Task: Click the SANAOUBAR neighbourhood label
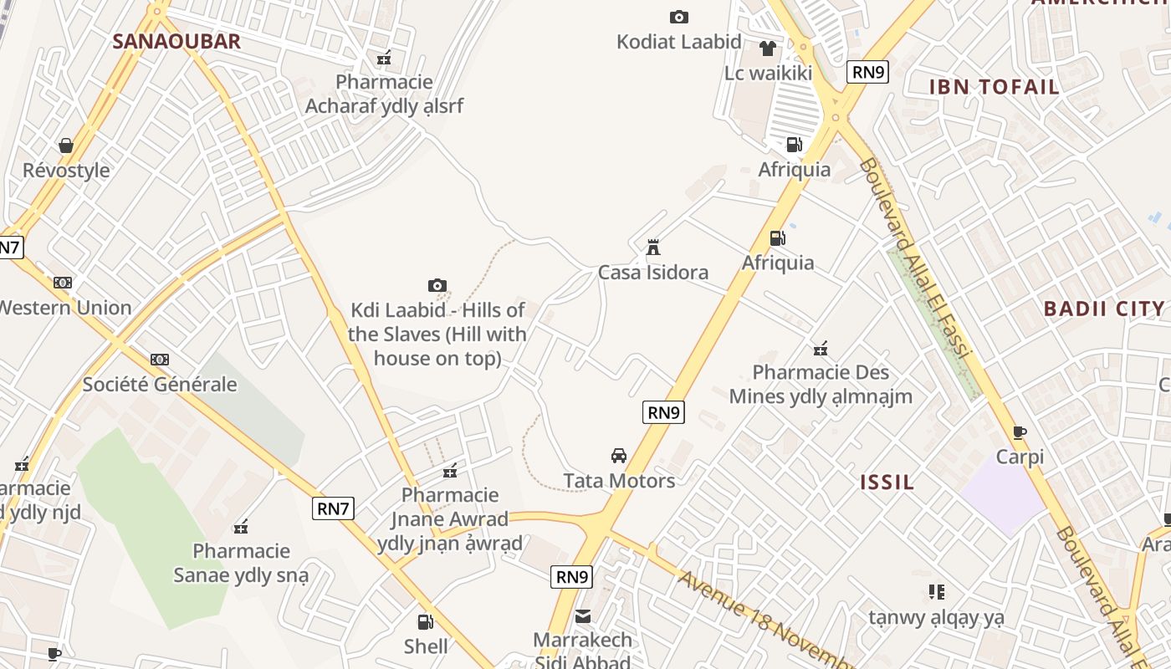(176, 41)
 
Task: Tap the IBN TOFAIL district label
(995, 86)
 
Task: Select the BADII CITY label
(1104, 309)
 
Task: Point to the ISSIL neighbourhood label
(887, 482)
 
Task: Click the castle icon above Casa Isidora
(653, 248)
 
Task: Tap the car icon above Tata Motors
(619, 456)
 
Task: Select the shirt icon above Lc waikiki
(768, 49)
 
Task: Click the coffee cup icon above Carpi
(1020, 432)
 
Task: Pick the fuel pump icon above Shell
(426, 621)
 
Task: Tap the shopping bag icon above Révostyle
(66, 146)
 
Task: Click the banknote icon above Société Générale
(160, 360)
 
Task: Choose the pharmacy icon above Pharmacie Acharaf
(384, 58)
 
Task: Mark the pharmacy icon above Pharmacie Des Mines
(821, 348)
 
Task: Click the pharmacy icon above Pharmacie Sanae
(241, 526)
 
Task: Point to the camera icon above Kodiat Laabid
(679, 17)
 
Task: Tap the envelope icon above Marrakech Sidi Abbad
(583, 616)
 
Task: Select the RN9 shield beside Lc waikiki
(867, 72)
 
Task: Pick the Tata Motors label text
(619, 481)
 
